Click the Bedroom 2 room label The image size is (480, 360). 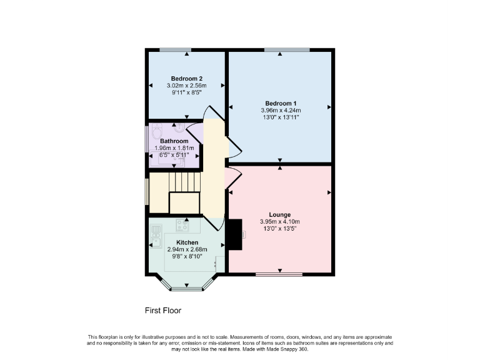(187, 78)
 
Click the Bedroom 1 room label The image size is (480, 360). (280, 103)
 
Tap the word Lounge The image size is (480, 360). (280, 214)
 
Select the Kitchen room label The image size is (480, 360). (187, 242)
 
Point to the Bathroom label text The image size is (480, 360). (174, 141)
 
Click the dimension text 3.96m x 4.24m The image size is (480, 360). (280, 111)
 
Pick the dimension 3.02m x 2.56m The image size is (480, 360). (187, 86)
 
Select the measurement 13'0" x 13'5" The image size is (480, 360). (280, 229)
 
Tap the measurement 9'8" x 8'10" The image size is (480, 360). (187, 257)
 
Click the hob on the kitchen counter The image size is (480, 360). (184, 225)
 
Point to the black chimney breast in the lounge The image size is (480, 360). (235, 234)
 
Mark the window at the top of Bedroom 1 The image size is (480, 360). (286, 49)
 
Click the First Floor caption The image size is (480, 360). (163, 310)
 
